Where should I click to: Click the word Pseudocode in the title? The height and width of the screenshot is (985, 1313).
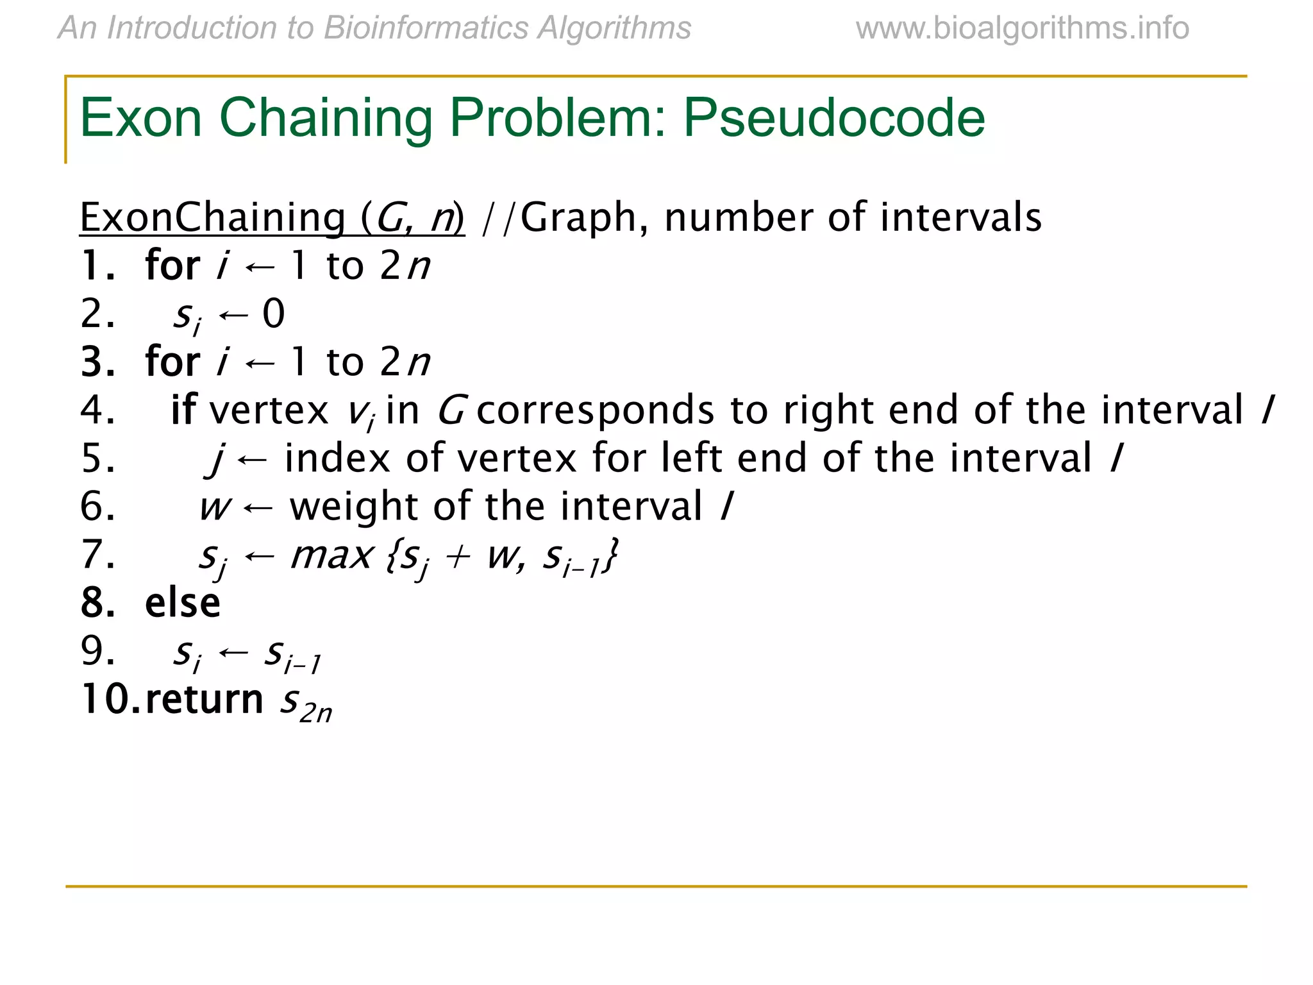point(833,119)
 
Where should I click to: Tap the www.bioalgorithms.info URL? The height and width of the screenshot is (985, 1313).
point(1022,28)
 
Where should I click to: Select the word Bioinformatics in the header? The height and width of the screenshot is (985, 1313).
point(426,28)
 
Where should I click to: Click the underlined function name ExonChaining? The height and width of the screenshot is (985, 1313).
point(212,217)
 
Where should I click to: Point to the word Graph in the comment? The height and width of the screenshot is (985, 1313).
point(578,217)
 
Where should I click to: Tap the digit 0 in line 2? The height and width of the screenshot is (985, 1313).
point(273,314)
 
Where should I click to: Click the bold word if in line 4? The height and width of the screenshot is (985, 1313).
point(183,410)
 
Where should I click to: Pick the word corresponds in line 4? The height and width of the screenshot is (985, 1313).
point(595,410)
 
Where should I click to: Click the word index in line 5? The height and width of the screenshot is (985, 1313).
point(337,458)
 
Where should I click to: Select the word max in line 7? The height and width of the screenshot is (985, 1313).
point(331,555)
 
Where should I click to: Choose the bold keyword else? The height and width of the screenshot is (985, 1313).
point(183,603)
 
